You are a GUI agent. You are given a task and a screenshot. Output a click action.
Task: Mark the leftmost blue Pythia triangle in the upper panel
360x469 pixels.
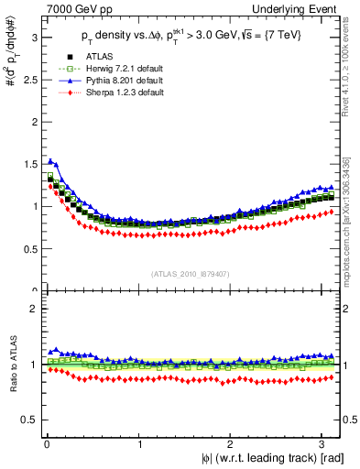(x=50, y=161)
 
